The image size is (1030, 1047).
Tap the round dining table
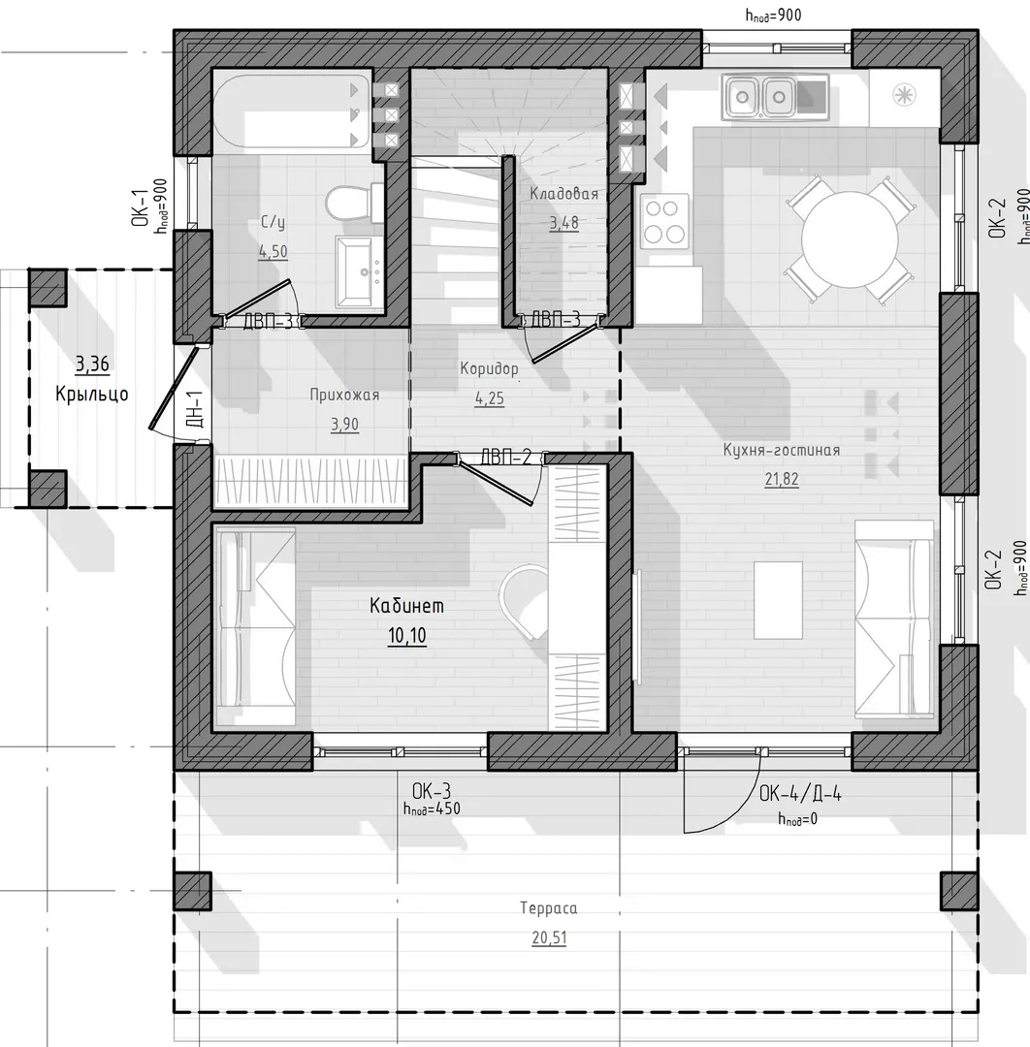(x=850, y=239)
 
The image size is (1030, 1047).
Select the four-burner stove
(x=664, y=220)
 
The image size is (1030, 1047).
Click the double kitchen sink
(x=760, y=98)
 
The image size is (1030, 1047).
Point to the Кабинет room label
(x=406, y=606)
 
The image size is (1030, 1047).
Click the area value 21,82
(x=782, y=479)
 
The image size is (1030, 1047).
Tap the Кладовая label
(x=563, y=194)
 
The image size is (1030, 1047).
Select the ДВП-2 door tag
(x=505, y=458)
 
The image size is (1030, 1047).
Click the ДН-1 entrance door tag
(x=194, y=409)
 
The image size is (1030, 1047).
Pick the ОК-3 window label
(x=432, y=791)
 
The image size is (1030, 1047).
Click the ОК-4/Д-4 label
(x=800, y=793)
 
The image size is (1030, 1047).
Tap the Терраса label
(x=548, y=908)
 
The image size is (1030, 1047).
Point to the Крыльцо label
(x=92, y=394)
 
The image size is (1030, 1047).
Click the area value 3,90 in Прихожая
(x=344, y=424)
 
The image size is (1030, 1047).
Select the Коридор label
(x=489, y=368)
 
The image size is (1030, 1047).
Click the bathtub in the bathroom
(x=293, y=111)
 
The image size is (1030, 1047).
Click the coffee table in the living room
(x=778, y=600)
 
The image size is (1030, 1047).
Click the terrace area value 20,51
(x=549, y=937)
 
